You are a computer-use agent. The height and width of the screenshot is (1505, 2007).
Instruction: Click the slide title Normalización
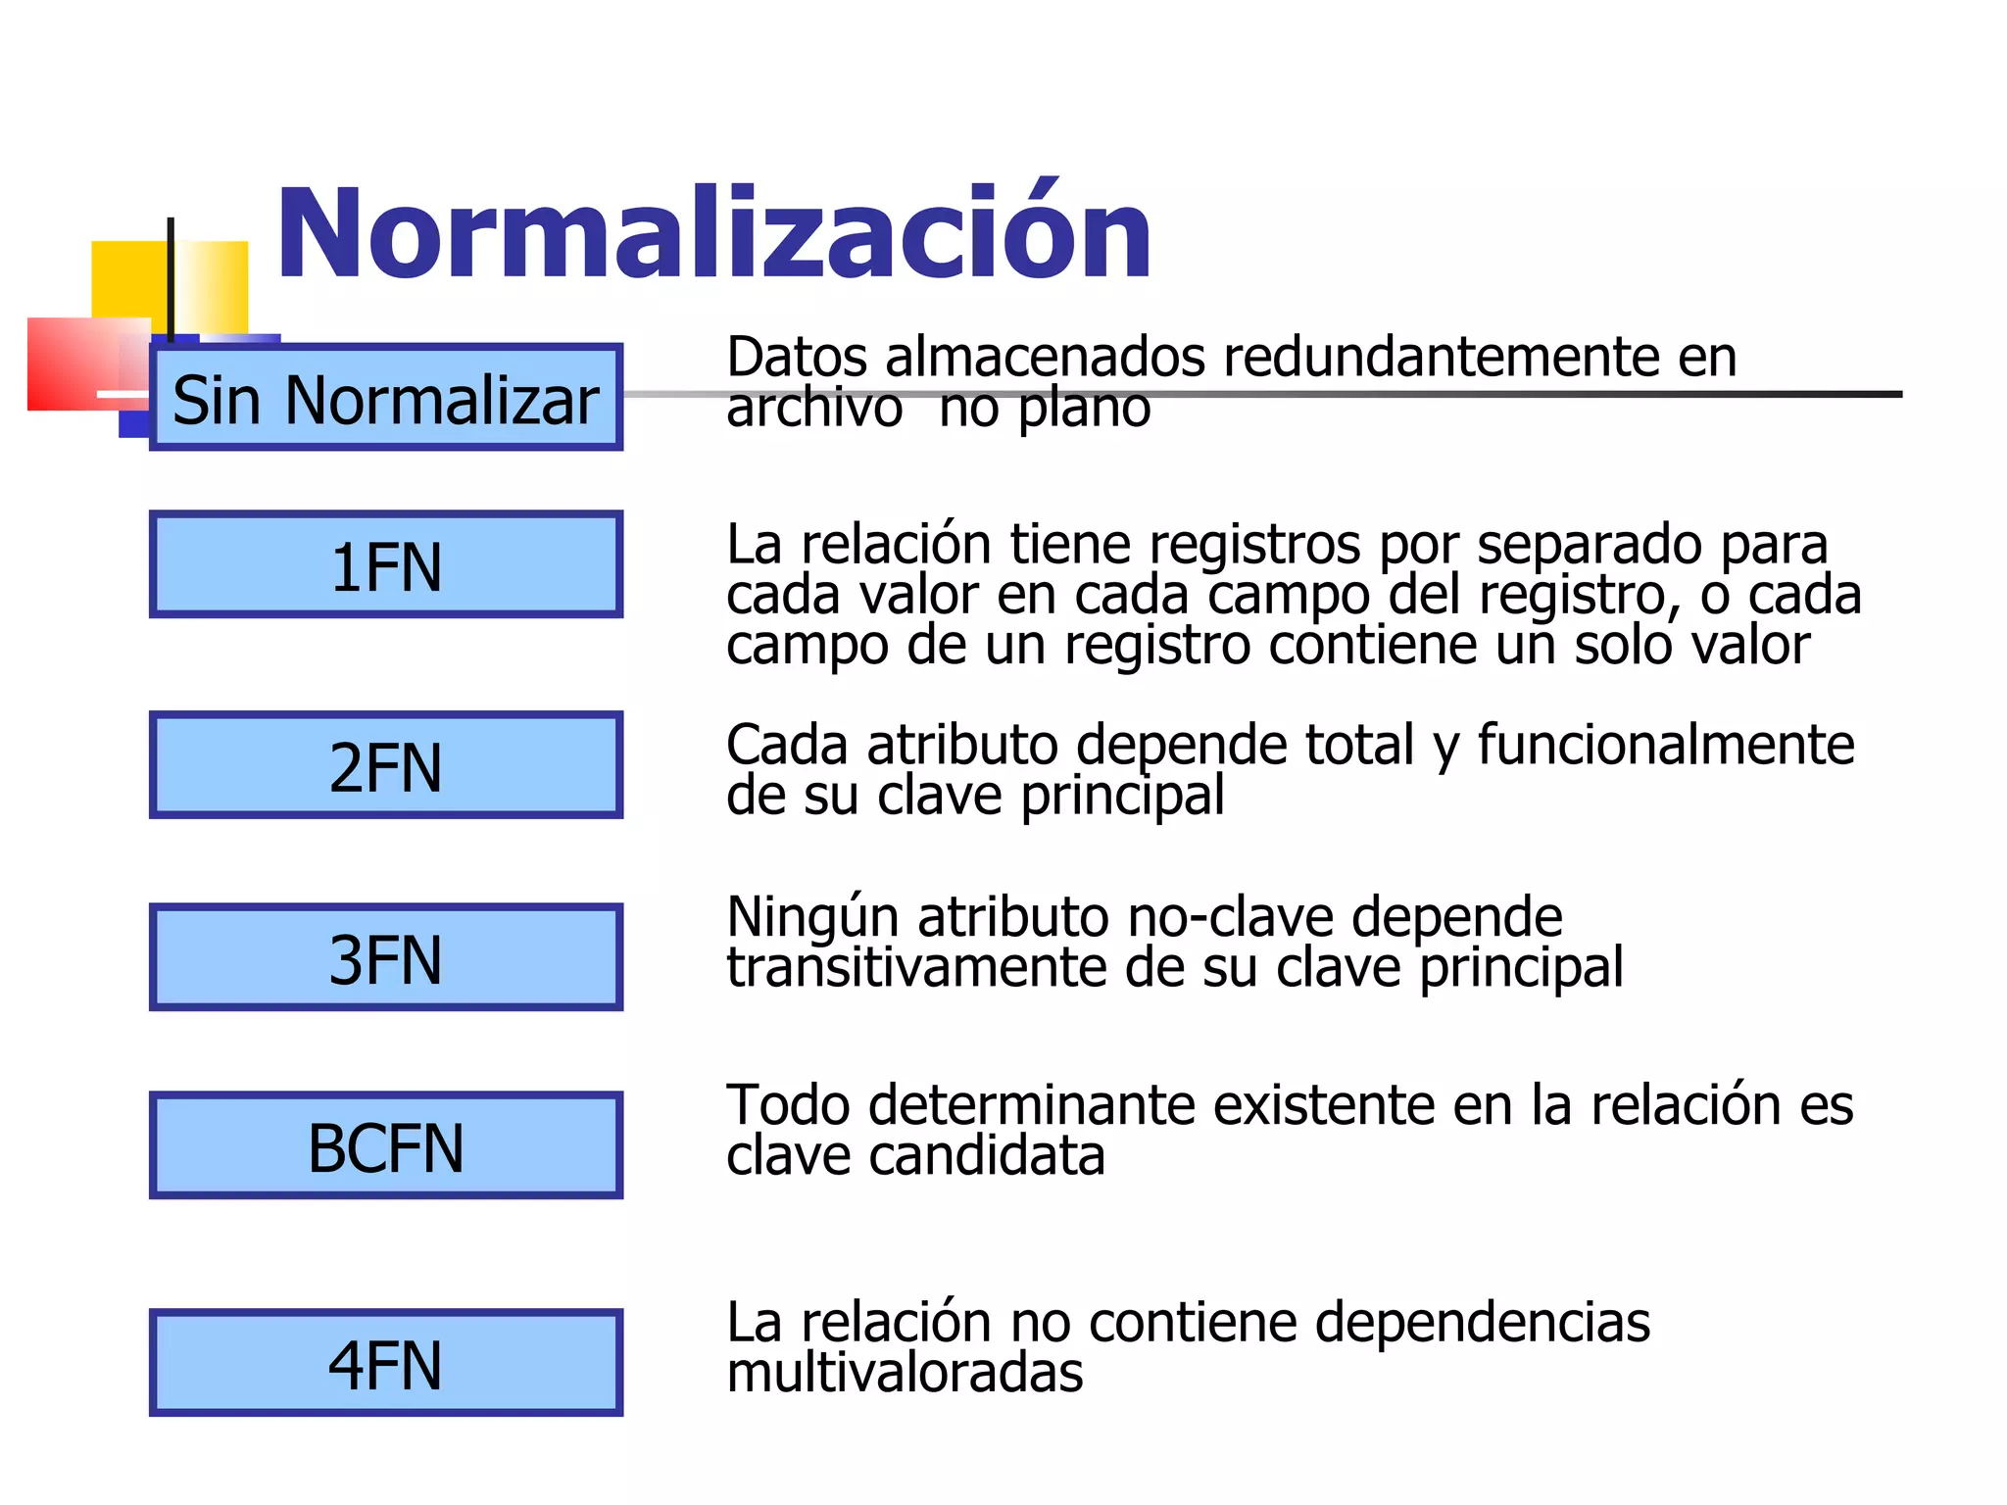click(713, 235)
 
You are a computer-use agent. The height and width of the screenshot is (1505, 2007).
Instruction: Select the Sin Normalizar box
click(386, 398)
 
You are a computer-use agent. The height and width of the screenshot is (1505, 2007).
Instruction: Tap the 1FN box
click(386, 565)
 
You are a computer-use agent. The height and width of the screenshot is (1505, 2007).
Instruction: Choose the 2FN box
click(386, 765)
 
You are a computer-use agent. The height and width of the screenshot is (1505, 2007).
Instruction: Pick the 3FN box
click(386, 957)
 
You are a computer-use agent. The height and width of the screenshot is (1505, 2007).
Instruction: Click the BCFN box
click(386, 1145)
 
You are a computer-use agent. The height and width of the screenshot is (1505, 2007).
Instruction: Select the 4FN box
click(386, 1363)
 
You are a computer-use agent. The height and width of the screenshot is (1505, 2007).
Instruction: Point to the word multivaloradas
click(905, 1372)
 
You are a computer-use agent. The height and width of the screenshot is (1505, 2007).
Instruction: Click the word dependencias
click(1482, 1322)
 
